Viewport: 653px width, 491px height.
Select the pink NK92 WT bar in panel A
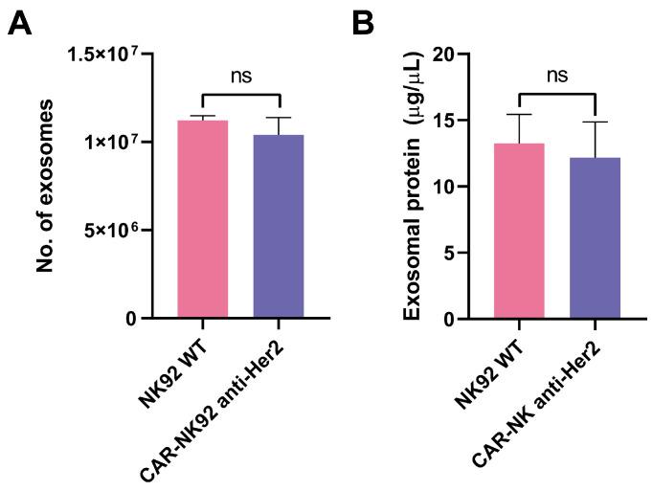pos(203,220)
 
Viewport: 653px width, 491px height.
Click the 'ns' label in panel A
pos(241,76)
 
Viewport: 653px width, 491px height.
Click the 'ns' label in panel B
pos(557,76)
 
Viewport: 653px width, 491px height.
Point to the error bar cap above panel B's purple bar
pos(595,122)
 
